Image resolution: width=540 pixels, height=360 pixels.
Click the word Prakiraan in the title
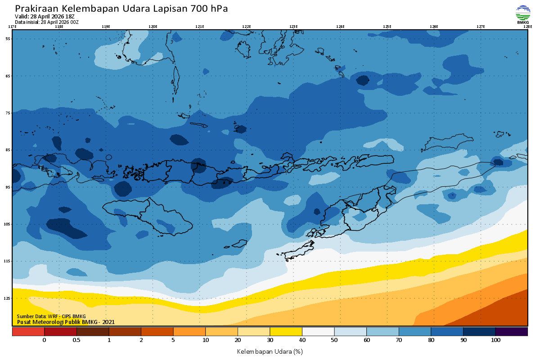pyautogui.click(x=36, y=9)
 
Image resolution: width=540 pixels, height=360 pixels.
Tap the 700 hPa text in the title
pyautogui.click(x=209, y=9)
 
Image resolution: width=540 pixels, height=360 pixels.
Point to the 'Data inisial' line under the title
pyautogui.click(x=47, y=22)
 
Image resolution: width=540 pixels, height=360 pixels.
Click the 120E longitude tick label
pyautogui.click(x=153, y=27)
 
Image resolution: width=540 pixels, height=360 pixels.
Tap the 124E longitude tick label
pyautogui.click(x=340, y=27)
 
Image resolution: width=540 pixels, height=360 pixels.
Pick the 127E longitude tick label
pyautogui.click(x=481, y=27)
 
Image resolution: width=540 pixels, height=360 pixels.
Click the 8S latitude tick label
pyautogui.click(x=8, y=150)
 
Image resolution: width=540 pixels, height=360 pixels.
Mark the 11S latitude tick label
pyautogui.click(x=8, y=261)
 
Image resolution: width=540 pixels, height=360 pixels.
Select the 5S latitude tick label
pyautogui.click(x=8, y=39)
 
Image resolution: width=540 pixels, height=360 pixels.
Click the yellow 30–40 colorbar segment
pyautogui.click(x=286, y=332)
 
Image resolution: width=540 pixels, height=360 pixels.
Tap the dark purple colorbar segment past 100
pyautogui.click(x=511, y=332)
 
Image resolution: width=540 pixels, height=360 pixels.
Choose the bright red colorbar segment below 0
pyautogui.click(x=28, y=332)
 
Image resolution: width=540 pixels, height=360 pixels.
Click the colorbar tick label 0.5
pyautogui.click(x=76, y=341)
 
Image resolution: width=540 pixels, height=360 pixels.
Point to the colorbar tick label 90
pyautogui.click(x=463, y=341)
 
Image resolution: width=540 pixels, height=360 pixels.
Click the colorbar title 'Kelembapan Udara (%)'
pyautogui.click(x=270, y=351)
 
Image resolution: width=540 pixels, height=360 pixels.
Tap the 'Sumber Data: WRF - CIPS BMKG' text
pyautogui.click(x=51, y=316)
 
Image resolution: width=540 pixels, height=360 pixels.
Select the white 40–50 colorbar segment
pyautogui.click(x=318, y=332)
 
